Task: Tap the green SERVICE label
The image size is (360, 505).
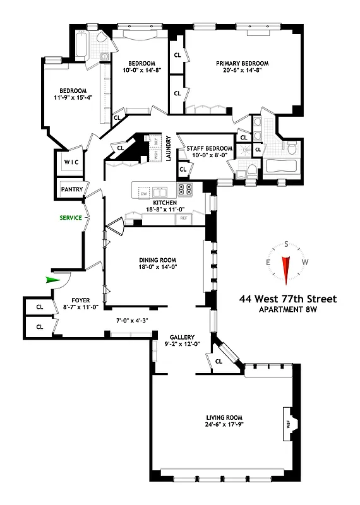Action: [71, 217]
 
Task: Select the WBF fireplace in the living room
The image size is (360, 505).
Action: [288, 425]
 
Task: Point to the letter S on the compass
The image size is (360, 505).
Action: [286, 244]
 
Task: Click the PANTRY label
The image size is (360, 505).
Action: [70, 189]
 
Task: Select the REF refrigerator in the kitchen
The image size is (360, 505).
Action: [184, 218]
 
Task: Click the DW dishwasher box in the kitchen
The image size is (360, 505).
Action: [143, 192]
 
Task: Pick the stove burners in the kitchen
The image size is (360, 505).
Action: [184, 189]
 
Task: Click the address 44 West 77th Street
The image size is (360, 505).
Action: [287, 299]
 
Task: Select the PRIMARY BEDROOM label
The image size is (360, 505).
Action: [243, 63]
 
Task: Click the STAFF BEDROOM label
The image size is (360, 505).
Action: [210, 149]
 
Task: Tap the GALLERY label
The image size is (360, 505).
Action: [181, 336]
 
